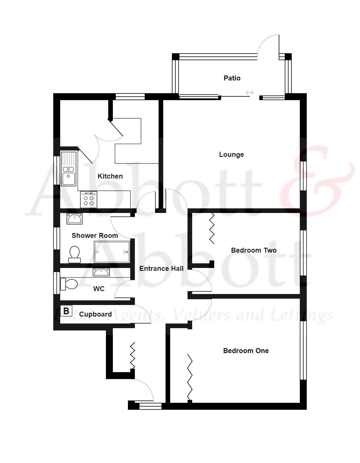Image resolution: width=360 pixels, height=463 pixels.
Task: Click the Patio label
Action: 232,78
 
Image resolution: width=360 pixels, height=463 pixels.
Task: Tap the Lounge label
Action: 231,155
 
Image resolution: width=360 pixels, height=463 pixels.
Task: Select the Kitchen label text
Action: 110,176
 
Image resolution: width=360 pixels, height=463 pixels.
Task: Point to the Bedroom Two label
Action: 254,250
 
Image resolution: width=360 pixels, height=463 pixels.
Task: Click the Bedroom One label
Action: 246,351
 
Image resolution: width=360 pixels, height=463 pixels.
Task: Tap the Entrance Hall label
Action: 161,269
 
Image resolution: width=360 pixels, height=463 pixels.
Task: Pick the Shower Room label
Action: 95,236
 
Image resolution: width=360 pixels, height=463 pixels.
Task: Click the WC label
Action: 99,289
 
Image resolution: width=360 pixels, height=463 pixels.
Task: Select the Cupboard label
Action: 95,314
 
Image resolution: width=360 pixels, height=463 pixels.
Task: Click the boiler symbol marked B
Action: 66,311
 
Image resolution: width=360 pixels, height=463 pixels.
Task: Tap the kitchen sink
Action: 69,169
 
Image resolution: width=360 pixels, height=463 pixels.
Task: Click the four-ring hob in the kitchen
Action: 89,200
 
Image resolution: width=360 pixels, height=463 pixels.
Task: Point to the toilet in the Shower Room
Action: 74,254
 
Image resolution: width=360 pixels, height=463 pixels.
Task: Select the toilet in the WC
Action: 69,284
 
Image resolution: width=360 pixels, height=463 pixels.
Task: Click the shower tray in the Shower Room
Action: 112,252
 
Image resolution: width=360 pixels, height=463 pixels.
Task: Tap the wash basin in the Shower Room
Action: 74,219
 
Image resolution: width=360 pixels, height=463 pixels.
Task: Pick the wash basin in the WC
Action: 101,272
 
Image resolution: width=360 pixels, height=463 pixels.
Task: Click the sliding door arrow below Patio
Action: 249,93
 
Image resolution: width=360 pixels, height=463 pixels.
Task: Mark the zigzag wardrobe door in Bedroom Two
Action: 212,228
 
